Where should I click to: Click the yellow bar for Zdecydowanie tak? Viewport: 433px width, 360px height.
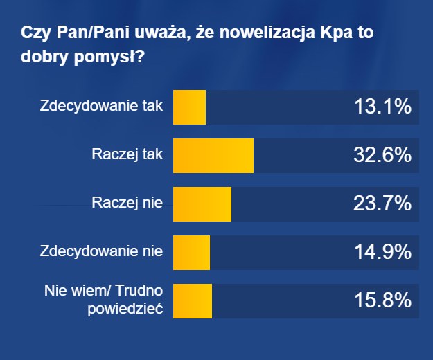click(x=189, y=107)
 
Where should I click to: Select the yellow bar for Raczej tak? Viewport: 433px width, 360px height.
click(x=213, y=156)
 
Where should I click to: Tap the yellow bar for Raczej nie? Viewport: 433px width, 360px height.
click(x=202, y=204)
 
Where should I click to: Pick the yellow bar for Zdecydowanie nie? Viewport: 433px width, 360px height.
click(x=191, y=253)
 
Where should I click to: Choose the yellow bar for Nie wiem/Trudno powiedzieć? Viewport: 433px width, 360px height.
click(x=192, y=301)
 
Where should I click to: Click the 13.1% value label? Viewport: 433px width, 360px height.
click(x=383, y=107)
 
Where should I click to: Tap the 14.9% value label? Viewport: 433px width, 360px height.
click(x=383, y=253)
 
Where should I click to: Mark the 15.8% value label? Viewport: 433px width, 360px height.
click(x=383, y=301)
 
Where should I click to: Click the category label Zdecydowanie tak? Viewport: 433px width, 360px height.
click(x=101, y=107)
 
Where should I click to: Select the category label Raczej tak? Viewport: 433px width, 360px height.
click(x=127, y=155)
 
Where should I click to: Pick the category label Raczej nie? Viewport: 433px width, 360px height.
click(x=127, y=204)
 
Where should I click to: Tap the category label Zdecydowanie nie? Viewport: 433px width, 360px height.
click(x=101, y=252)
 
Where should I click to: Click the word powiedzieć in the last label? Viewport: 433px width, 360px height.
click(x=125, y=309)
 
